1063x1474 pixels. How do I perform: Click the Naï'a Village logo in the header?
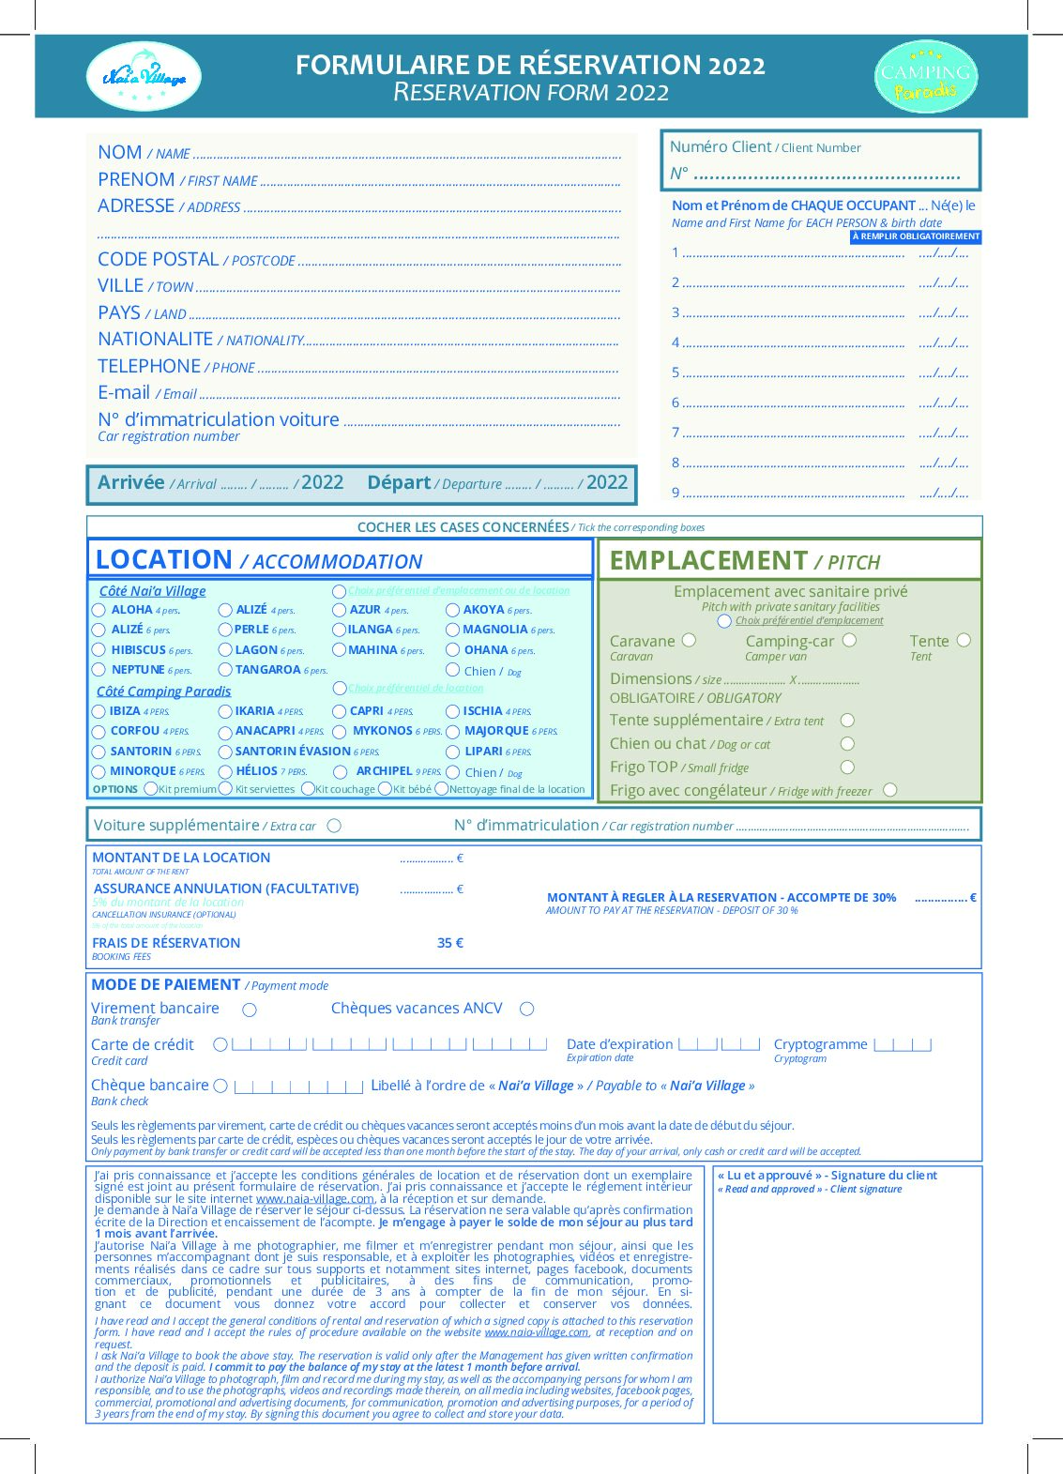tap(144, 76)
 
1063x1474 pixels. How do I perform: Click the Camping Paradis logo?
tap(925, 77)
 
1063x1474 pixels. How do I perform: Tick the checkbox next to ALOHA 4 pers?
tap(99, 611)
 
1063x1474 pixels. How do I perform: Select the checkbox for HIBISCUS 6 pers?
tap(99, 650)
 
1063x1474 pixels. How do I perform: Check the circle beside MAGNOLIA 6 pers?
tap(452, 631)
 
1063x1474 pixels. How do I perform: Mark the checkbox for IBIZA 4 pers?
tap(99, 712)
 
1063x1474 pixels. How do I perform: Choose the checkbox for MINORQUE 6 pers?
tap(99, 772)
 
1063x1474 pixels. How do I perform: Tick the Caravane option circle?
tap(690, 641)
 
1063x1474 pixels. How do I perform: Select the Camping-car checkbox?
tap(849, 641)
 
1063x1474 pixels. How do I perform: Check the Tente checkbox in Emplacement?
tap(964, 641)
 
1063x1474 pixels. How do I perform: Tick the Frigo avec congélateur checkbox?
tap(889, 790)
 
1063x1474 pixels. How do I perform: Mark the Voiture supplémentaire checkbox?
tap(334, 826)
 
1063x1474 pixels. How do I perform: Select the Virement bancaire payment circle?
tap(250, 1010)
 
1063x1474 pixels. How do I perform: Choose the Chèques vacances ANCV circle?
tap(527, 1009)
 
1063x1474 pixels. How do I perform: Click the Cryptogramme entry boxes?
tap(903, 1044)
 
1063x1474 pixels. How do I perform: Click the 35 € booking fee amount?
tap(450, 943)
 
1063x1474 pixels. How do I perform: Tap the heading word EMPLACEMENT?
tap(708, 561)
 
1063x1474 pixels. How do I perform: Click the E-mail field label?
tap(124, 393)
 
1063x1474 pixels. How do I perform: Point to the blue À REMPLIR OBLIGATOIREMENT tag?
tap(916, 236)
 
